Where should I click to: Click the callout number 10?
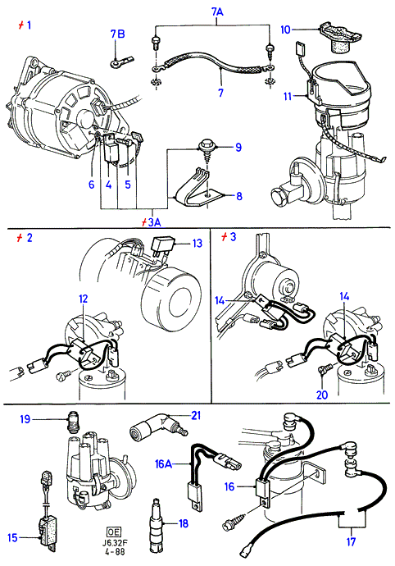(x=285, y=30)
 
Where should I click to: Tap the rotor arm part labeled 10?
(x=338, y=37)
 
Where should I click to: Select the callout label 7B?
(x=117, y=34)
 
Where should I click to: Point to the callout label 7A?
(x=217, y=12)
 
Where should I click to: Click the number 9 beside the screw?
(x=238, y=148)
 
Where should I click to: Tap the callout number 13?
(x=197, y=244)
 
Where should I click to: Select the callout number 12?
(x=84, y=299)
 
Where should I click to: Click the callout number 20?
(x=322, y=395)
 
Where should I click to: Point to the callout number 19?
(x=25, y=419)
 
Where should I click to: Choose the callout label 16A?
(x=163, y=463)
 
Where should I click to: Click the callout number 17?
(x=351, y=542)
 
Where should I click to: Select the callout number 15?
(x=12, y=537)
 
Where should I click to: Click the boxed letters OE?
(x=114, y=532)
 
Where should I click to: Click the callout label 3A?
(x=154, y=222)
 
